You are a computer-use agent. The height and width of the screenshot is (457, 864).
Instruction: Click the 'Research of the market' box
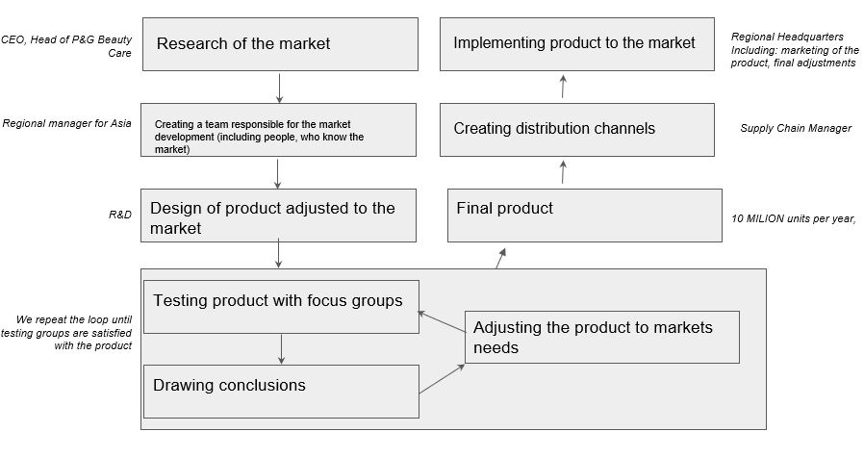(280, 43)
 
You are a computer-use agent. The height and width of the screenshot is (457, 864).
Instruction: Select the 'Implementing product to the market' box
(576, 43)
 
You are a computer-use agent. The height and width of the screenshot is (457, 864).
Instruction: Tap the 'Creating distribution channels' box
(576, 129)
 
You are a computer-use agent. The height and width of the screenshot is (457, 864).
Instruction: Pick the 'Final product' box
(584, 215)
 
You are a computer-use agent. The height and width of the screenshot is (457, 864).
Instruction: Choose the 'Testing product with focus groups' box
(280, 306)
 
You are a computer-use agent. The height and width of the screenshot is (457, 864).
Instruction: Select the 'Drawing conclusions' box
(280, 391)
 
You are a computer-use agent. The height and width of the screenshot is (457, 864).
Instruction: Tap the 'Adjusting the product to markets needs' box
(601, 337)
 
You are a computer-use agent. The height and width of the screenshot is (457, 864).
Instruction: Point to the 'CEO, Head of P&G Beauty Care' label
(67, 46)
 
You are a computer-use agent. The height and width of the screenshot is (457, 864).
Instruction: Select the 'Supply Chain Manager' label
(795, 128)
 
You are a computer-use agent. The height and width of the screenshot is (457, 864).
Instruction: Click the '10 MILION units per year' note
(793, 219)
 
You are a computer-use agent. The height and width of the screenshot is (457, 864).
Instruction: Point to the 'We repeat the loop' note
(74, 332)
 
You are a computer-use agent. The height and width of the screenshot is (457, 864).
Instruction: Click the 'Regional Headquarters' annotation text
(794, 50)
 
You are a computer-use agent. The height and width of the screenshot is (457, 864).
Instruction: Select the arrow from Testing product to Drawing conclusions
(281, 348)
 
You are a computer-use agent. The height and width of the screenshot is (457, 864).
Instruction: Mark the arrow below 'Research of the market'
(280, 88)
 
